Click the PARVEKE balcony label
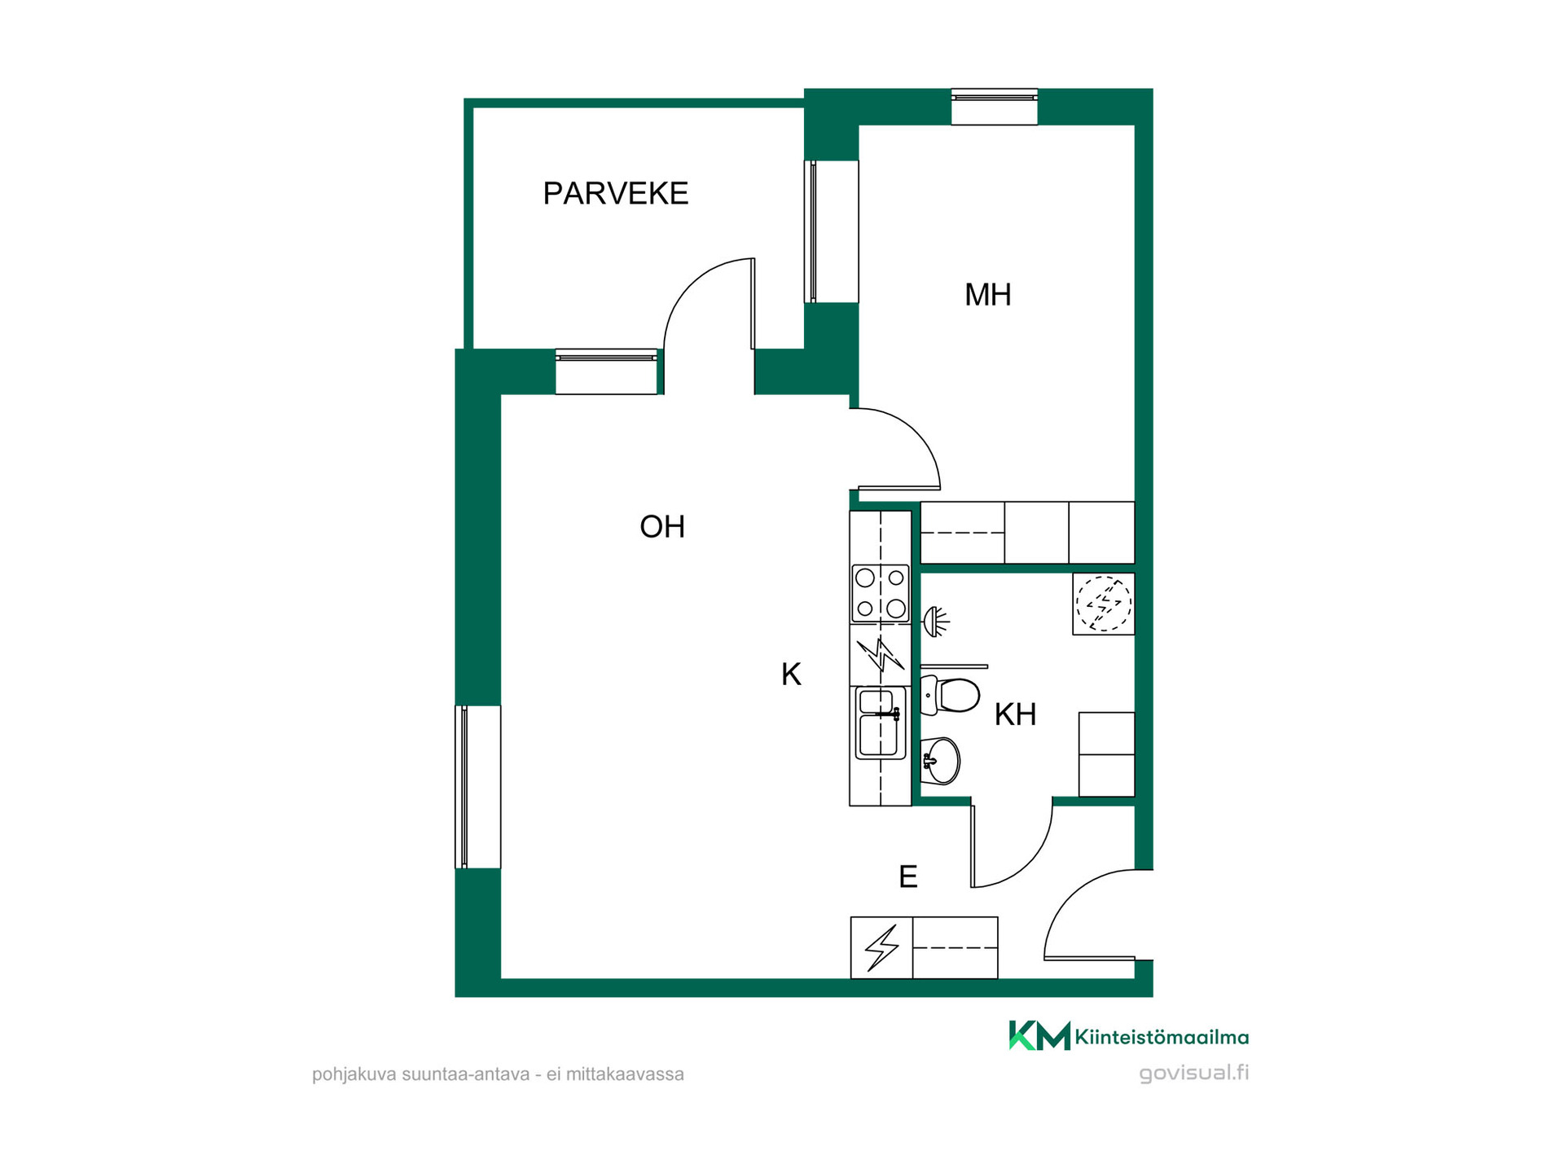[616, 193]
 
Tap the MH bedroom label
[988, 295]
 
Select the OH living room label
[662, 527]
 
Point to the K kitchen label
[791, 674]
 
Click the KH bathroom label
[1015, 714]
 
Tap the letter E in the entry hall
[908, 876]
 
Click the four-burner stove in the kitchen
[881, 594]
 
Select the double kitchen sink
[881, 723]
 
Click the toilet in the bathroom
[950, 695]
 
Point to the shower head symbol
[937, 622]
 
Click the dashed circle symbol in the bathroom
[1104, 604]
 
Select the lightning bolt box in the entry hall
[881, 947]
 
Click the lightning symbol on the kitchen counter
[881, 654]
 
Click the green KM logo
[1039, 1036]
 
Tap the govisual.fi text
[1193, 1073]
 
